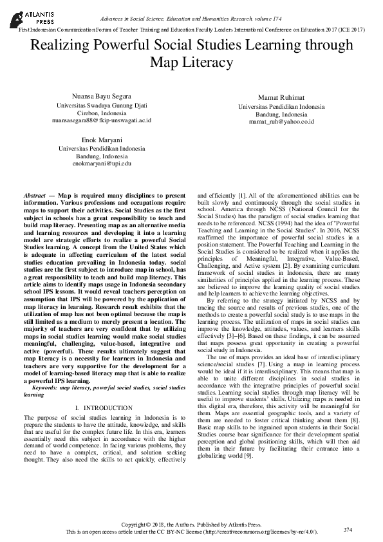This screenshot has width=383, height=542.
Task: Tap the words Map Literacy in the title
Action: pos(191,62)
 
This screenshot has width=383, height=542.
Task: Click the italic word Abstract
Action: pos(34,194)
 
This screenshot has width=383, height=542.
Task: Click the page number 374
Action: pos(348,529)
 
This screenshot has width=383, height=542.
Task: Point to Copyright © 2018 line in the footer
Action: pos(191,525)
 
